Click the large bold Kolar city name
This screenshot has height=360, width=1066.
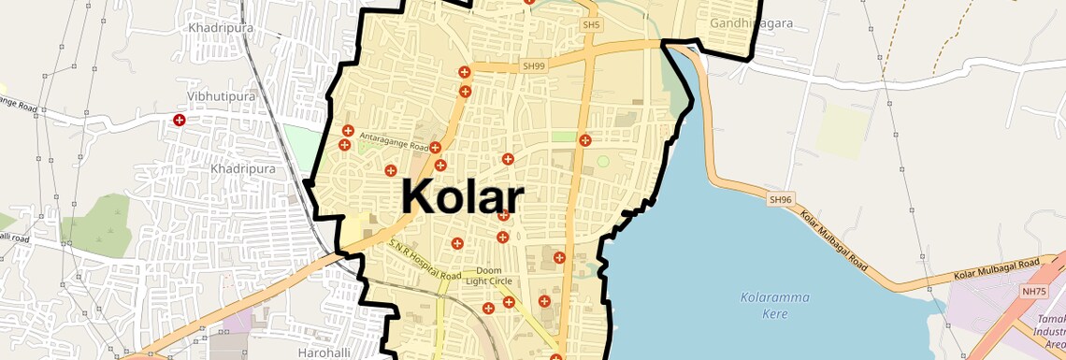click(x=462, y=198)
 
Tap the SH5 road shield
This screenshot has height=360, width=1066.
click(x=590, y=24)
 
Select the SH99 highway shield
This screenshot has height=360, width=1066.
click(x=533, y=66)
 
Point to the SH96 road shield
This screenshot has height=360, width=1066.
click(x=781, y=199)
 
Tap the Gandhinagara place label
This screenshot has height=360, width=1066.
click(x=751, y=22)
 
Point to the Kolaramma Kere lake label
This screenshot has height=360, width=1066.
click(x=775, y=306)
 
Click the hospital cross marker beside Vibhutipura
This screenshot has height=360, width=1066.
click(x=179, y=120)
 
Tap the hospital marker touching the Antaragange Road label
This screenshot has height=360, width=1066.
click(x=435, y=148)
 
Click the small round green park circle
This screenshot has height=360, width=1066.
click(x=603, y=162)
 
